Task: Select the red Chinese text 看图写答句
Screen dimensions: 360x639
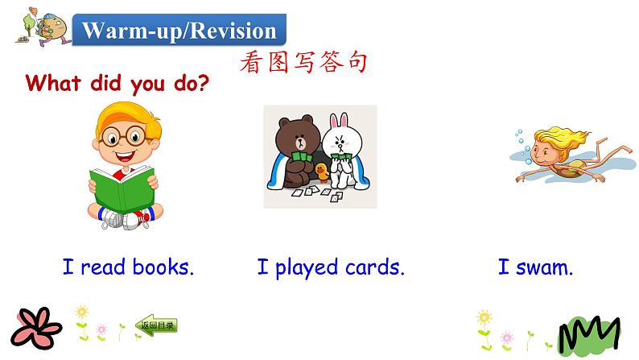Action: click(303, 61)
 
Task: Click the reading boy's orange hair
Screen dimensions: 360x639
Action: click(126, 112)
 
